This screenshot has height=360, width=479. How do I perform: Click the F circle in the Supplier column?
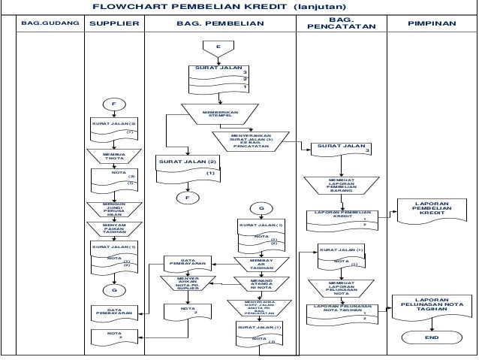pos(115,104)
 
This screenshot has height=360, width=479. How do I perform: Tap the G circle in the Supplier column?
pos(115,289)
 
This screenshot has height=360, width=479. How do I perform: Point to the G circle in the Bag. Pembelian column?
pos(261,207)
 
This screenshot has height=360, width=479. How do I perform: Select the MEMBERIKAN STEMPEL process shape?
pos(220,114)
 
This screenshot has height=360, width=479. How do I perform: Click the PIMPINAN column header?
pos(432,24)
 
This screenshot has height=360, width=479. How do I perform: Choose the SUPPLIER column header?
pos(114,24)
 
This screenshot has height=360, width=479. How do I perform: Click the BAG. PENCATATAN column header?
pos(342,23)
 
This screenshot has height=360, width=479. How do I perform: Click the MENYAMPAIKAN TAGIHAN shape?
pos(114,228)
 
